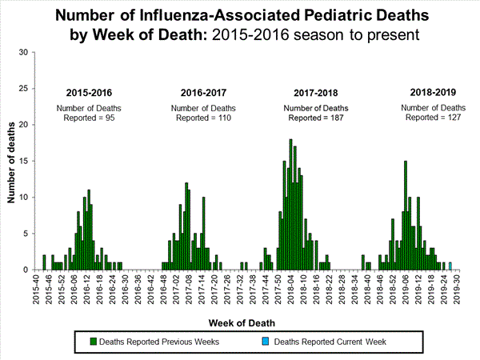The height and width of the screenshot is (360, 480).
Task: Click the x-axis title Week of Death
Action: coord(240,323)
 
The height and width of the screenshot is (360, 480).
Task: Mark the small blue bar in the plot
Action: coord(450,266)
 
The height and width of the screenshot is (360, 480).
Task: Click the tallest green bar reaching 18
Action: coord(290,205)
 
